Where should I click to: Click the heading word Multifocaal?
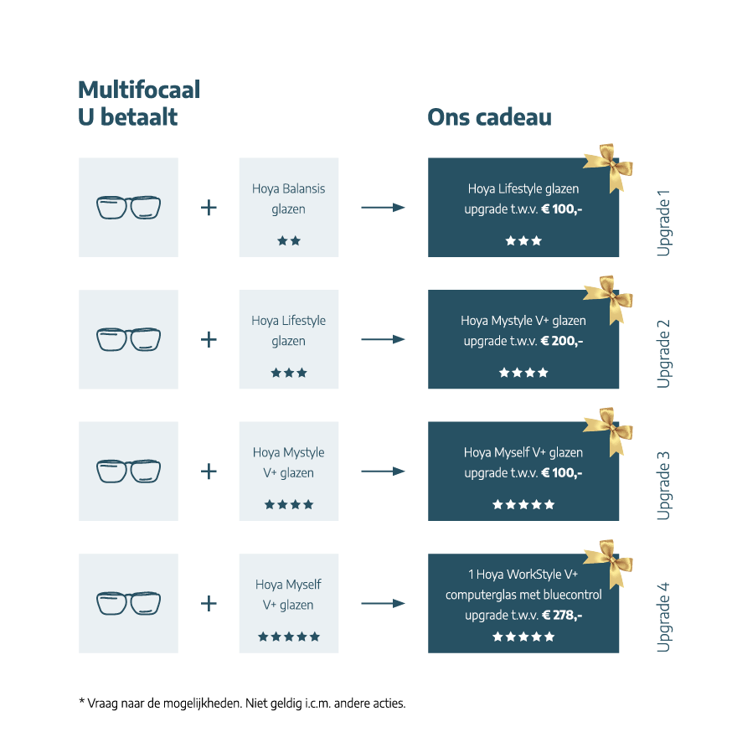coord(139,90)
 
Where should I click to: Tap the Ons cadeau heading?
coord(489,117)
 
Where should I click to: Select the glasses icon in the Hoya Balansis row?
coord(128,207)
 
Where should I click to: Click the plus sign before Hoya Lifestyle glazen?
coord(209,339)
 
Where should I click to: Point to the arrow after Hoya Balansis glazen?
coord(383,207)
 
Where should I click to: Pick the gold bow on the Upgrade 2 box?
coord(608,299)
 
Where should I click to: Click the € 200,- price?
coord(562,341)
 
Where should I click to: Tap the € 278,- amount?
coord(562,616)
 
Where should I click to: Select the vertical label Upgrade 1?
coord(663,223)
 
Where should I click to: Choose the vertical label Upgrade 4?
coord(663,616)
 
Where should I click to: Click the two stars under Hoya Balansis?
coord(289,241)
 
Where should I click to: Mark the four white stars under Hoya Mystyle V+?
coord(523,373)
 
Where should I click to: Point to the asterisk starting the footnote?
coord(82,701)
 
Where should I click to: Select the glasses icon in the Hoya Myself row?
coord(128,603)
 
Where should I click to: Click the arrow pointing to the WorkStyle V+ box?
coord(383,603)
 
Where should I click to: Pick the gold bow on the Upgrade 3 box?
coord(608,430)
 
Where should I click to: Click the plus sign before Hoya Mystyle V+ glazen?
coord(209,472)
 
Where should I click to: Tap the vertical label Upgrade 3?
coord(663,486)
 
